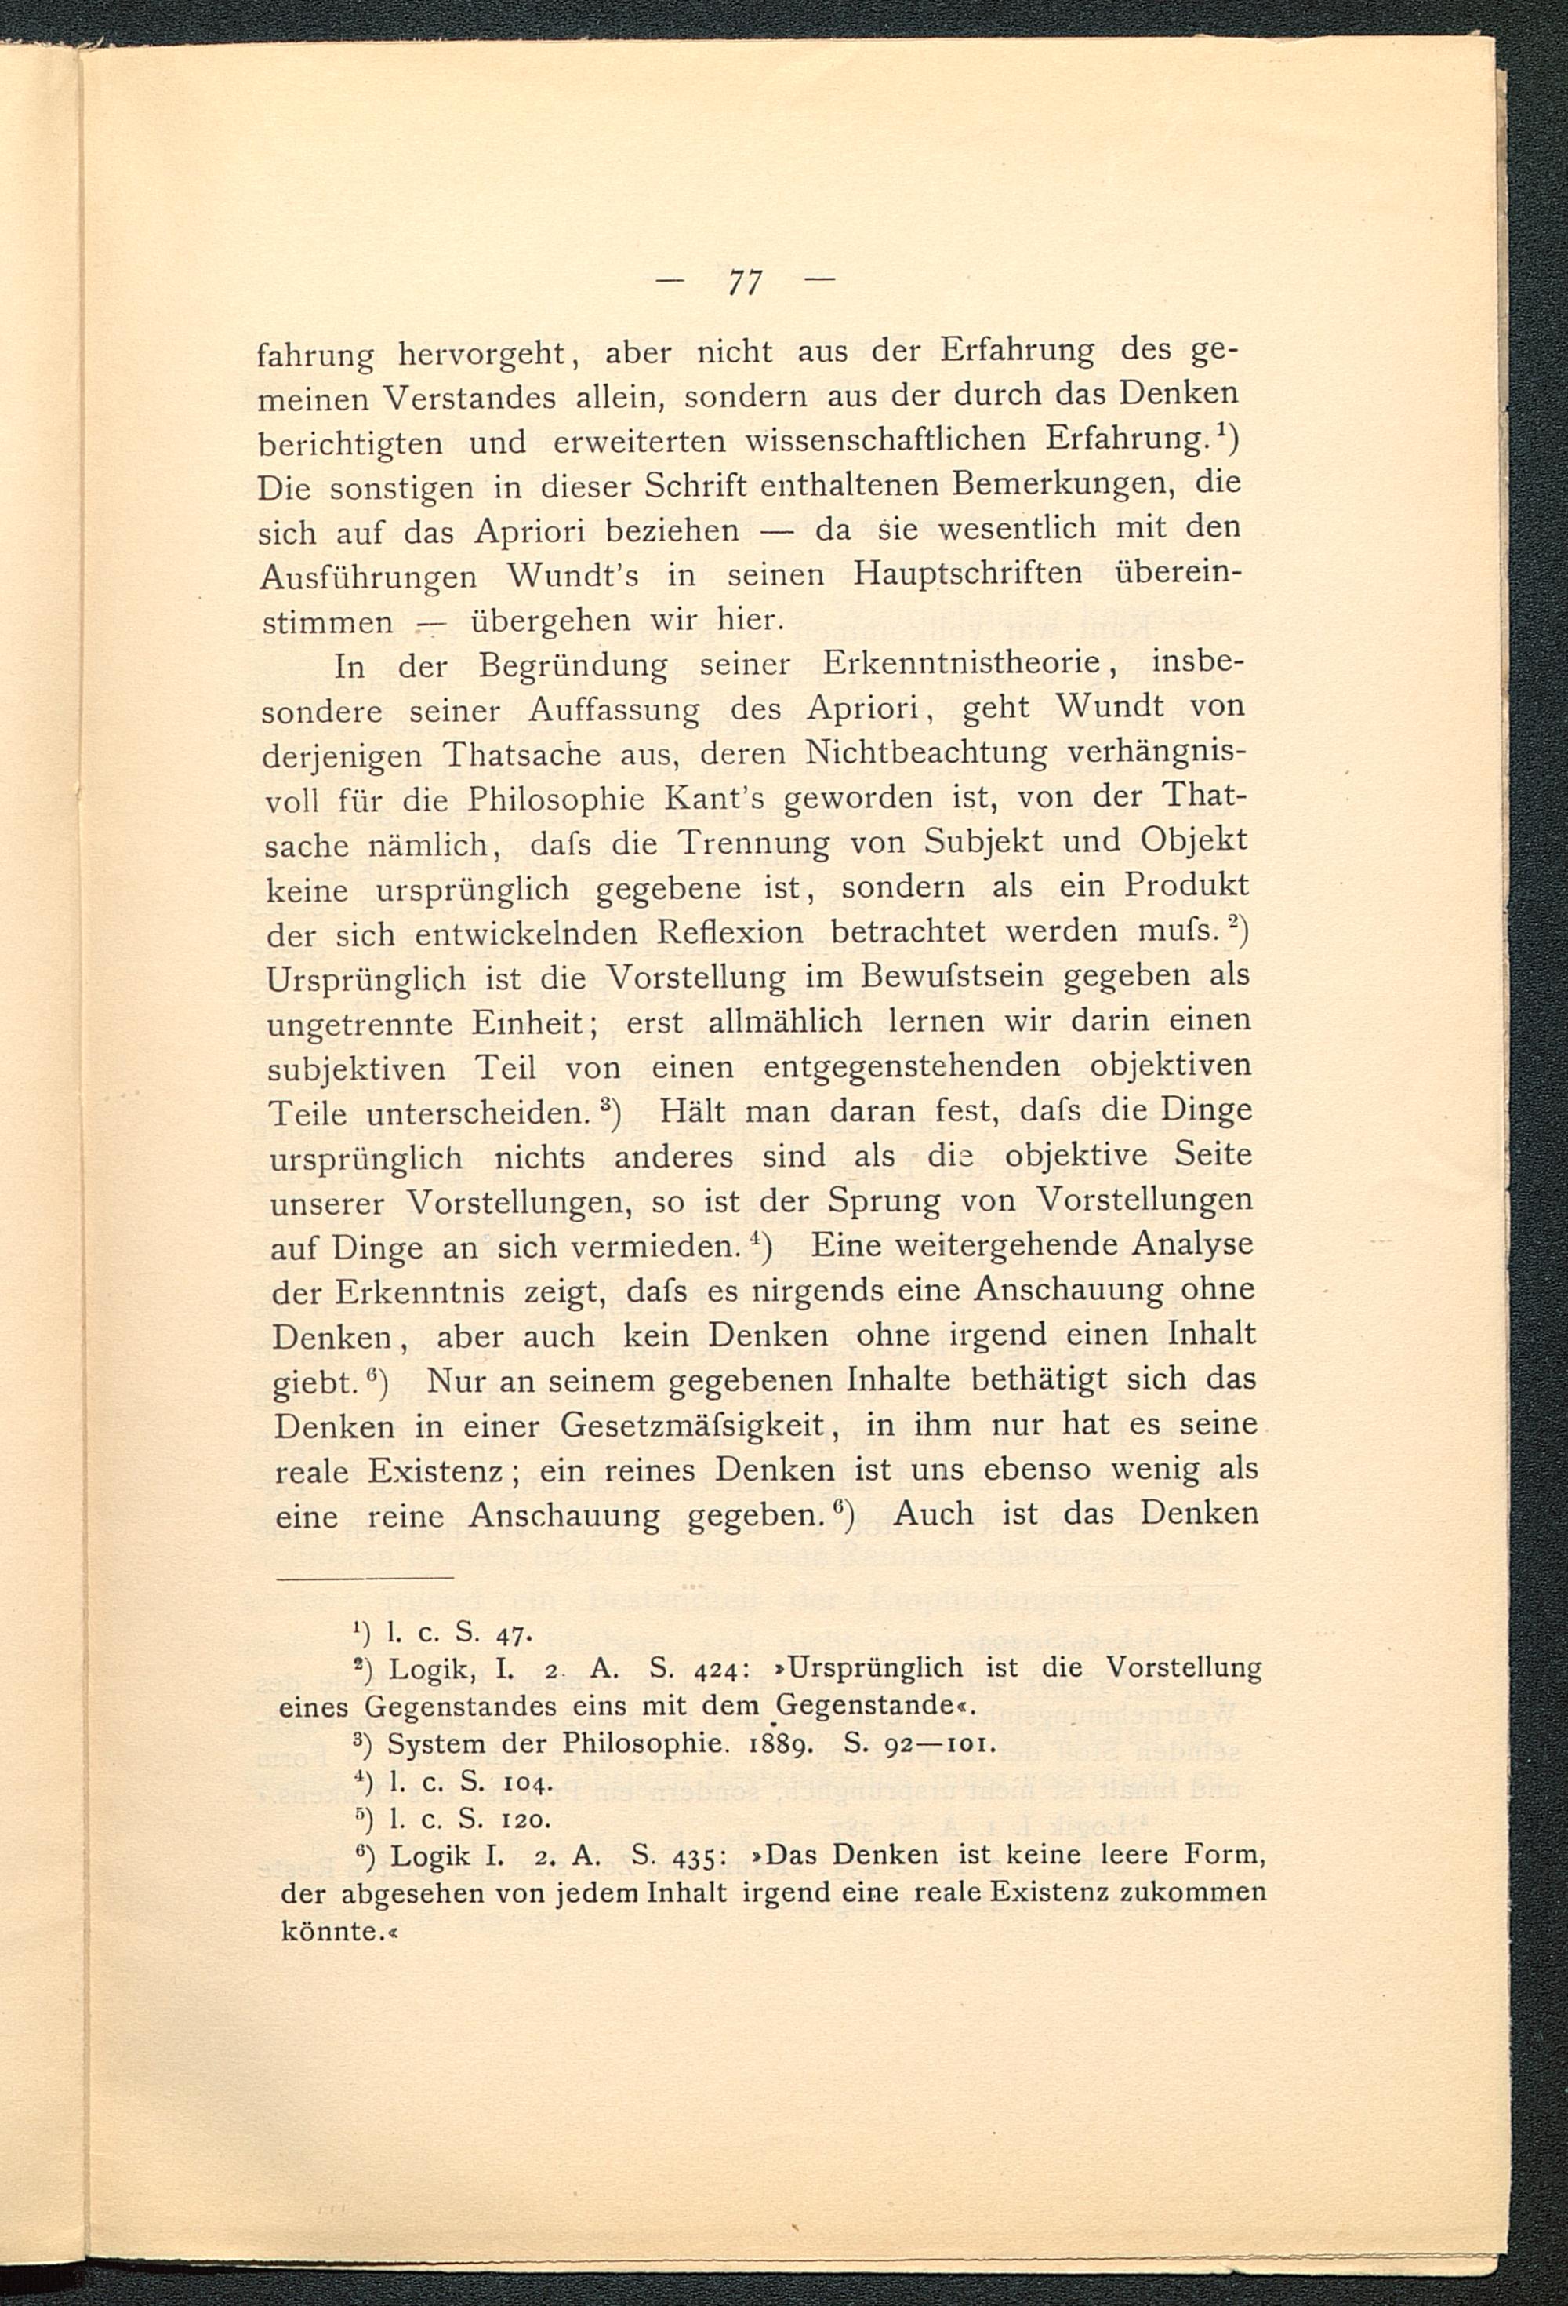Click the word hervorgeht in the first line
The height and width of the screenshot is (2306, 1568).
point(482,354)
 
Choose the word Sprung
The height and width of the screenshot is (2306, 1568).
point(879,1200)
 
